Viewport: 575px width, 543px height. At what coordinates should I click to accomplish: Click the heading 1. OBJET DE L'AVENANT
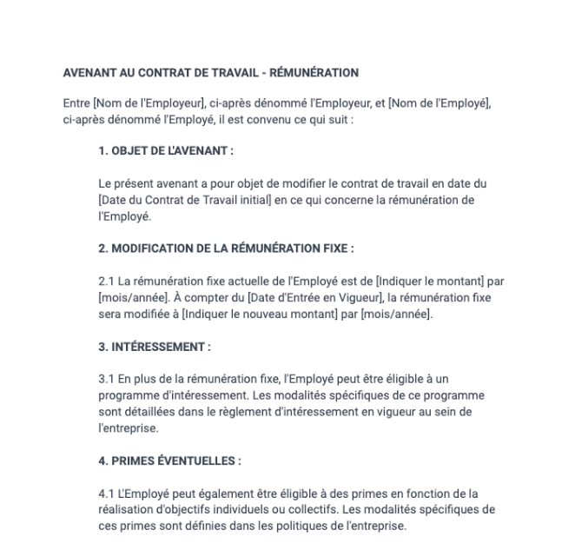click(x=166, y=150)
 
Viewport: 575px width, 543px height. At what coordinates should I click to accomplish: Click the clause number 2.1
click(x=109, y=281)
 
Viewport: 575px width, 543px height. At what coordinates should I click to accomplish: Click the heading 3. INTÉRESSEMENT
click(x=155, y=346)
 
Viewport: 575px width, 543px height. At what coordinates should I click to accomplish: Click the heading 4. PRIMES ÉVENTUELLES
click(x=169, y=460)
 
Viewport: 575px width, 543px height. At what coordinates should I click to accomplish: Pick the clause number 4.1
click(x=109, y=493)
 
